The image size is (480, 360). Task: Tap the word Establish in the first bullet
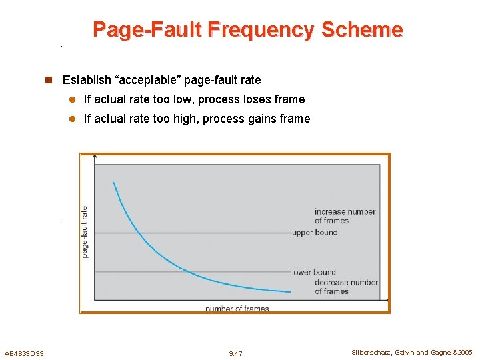click(87, 80)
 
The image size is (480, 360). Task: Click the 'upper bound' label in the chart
click(315, 233)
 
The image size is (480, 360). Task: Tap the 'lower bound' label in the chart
click(313, 272)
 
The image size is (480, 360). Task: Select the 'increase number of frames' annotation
click(345, 216)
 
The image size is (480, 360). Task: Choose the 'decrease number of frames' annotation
click(346, 287)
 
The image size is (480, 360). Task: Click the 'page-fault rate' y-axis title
click(85, 231)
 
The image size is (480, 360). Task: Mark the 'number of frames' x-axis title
click(237, 309)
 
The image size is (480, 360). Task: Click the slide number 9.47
click(235, 353)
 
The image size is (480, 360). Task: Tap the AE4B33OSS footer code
click(24, 353)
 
